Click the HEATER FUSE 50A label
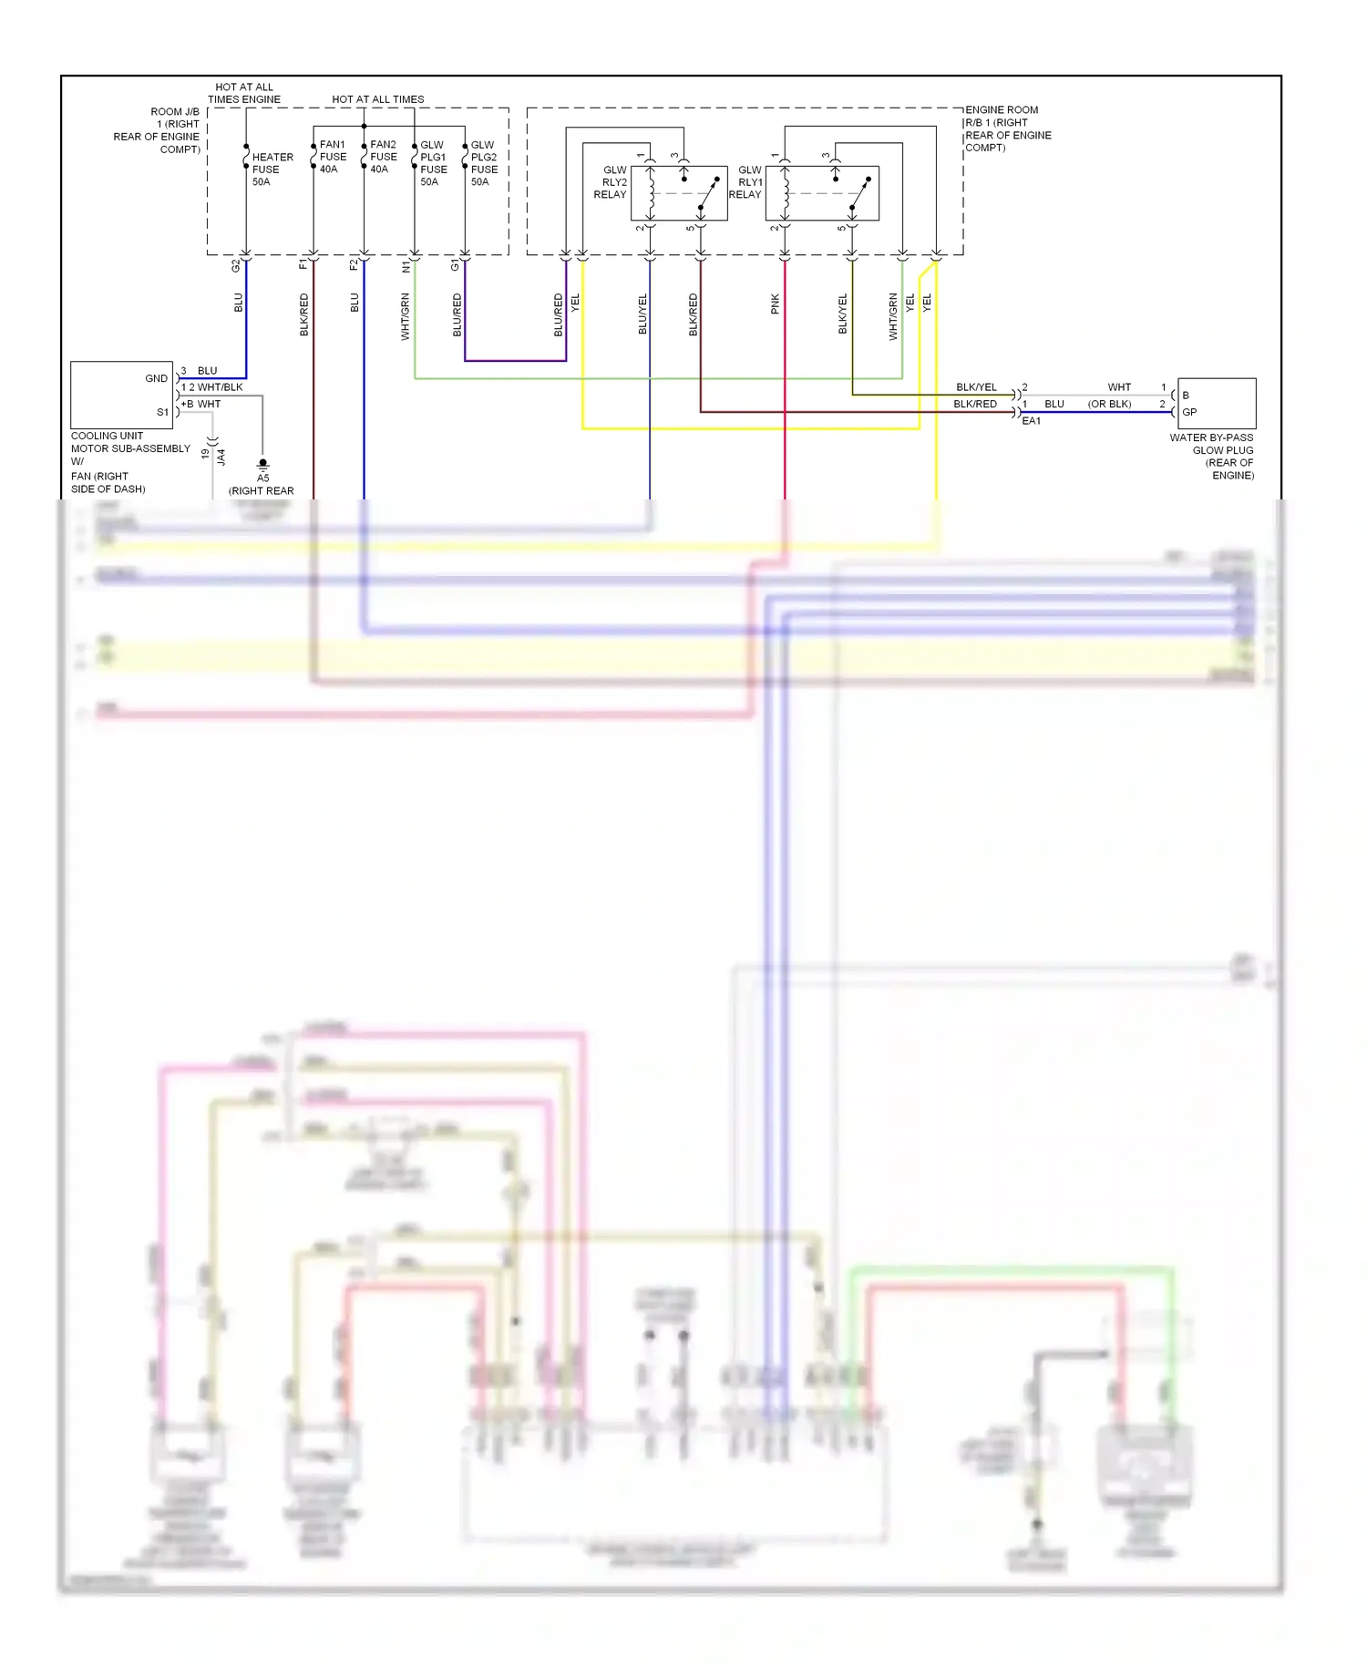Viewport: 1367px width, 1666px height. click(x=272, y=170)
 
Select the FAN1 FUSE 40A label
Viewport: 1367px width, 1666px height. click(x=333, y=157)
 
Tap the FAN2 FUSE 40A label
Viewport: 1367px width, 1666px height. click(x=383, y=157)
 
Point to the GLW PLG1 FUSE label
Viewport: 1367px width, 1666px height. click(x=433, y=163)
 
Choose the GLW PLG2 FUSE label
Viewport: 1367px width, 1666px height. click(x=484, y=163)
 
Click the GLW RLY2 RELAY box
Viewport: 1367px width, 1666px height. click(x=679, y=193)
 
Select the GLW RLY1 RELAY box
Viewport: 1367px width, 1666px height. click(x=822, y=193)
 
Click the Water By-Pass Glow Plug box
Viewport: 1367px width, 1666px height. click(x=1217, y=404)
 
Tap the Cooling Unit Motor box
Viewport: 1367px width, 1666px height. click(x=121, y=395)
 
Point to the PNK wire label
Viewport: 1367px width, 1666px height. click(x=776, y=303)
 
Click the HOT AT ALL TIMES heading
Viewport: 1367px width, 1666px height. click(x=377, y=99)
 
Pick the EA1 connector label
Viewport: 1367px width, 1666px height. click(x=1031, y=421)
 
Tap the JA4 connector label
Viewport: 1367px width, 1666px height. click(x=221, y=457)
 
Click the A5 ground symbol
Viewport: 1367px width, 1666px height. click(x=263, y=464)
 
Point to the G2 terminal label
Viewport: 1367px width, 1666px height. click(x=235, y=266)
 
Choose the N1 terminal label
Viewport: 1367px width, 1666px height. click(x=406, y=266)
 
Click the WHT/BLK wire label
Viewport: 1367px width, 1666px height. click(x=220, y=387)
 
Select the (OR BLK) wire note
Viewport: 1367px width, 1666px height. click(x=1109, y=404)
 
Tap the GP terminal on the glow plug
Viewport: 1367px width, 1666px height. click(x=1189, y=412)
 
